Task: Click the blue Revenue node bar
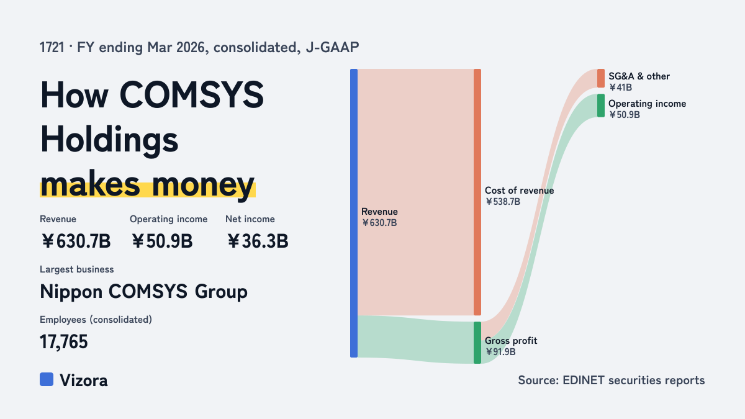coord(354,213)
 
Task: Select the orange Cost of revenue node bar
coord(477,192)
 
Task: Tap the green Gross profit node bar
coord(477,343)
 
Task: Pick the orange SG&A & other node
coord(601,78)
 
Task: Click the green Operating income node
coord(601,106)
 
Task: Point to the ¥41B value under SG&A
coord(620,88)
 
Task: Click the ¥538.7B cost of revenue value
coord(502,202)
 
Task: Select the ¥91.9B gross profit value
coord(500,352)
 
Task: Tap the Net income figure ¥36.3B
coord(258,241)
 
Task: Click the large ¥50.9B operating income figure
coord(162,241)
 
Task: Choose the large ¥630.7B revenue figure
coord(76,241)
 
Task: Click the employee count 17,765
coord(64,342)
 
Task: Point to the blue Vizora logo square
coord(47,379)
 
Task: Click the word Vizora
coord(84,381)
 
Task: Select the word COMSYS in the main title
coord(192,95)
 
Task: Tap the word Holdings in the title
coord(109,141)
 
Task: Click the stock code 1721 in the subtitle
coord(52,48)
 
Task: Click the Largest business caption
coord(77,269)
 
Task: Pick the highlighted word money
coord(203,185)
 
